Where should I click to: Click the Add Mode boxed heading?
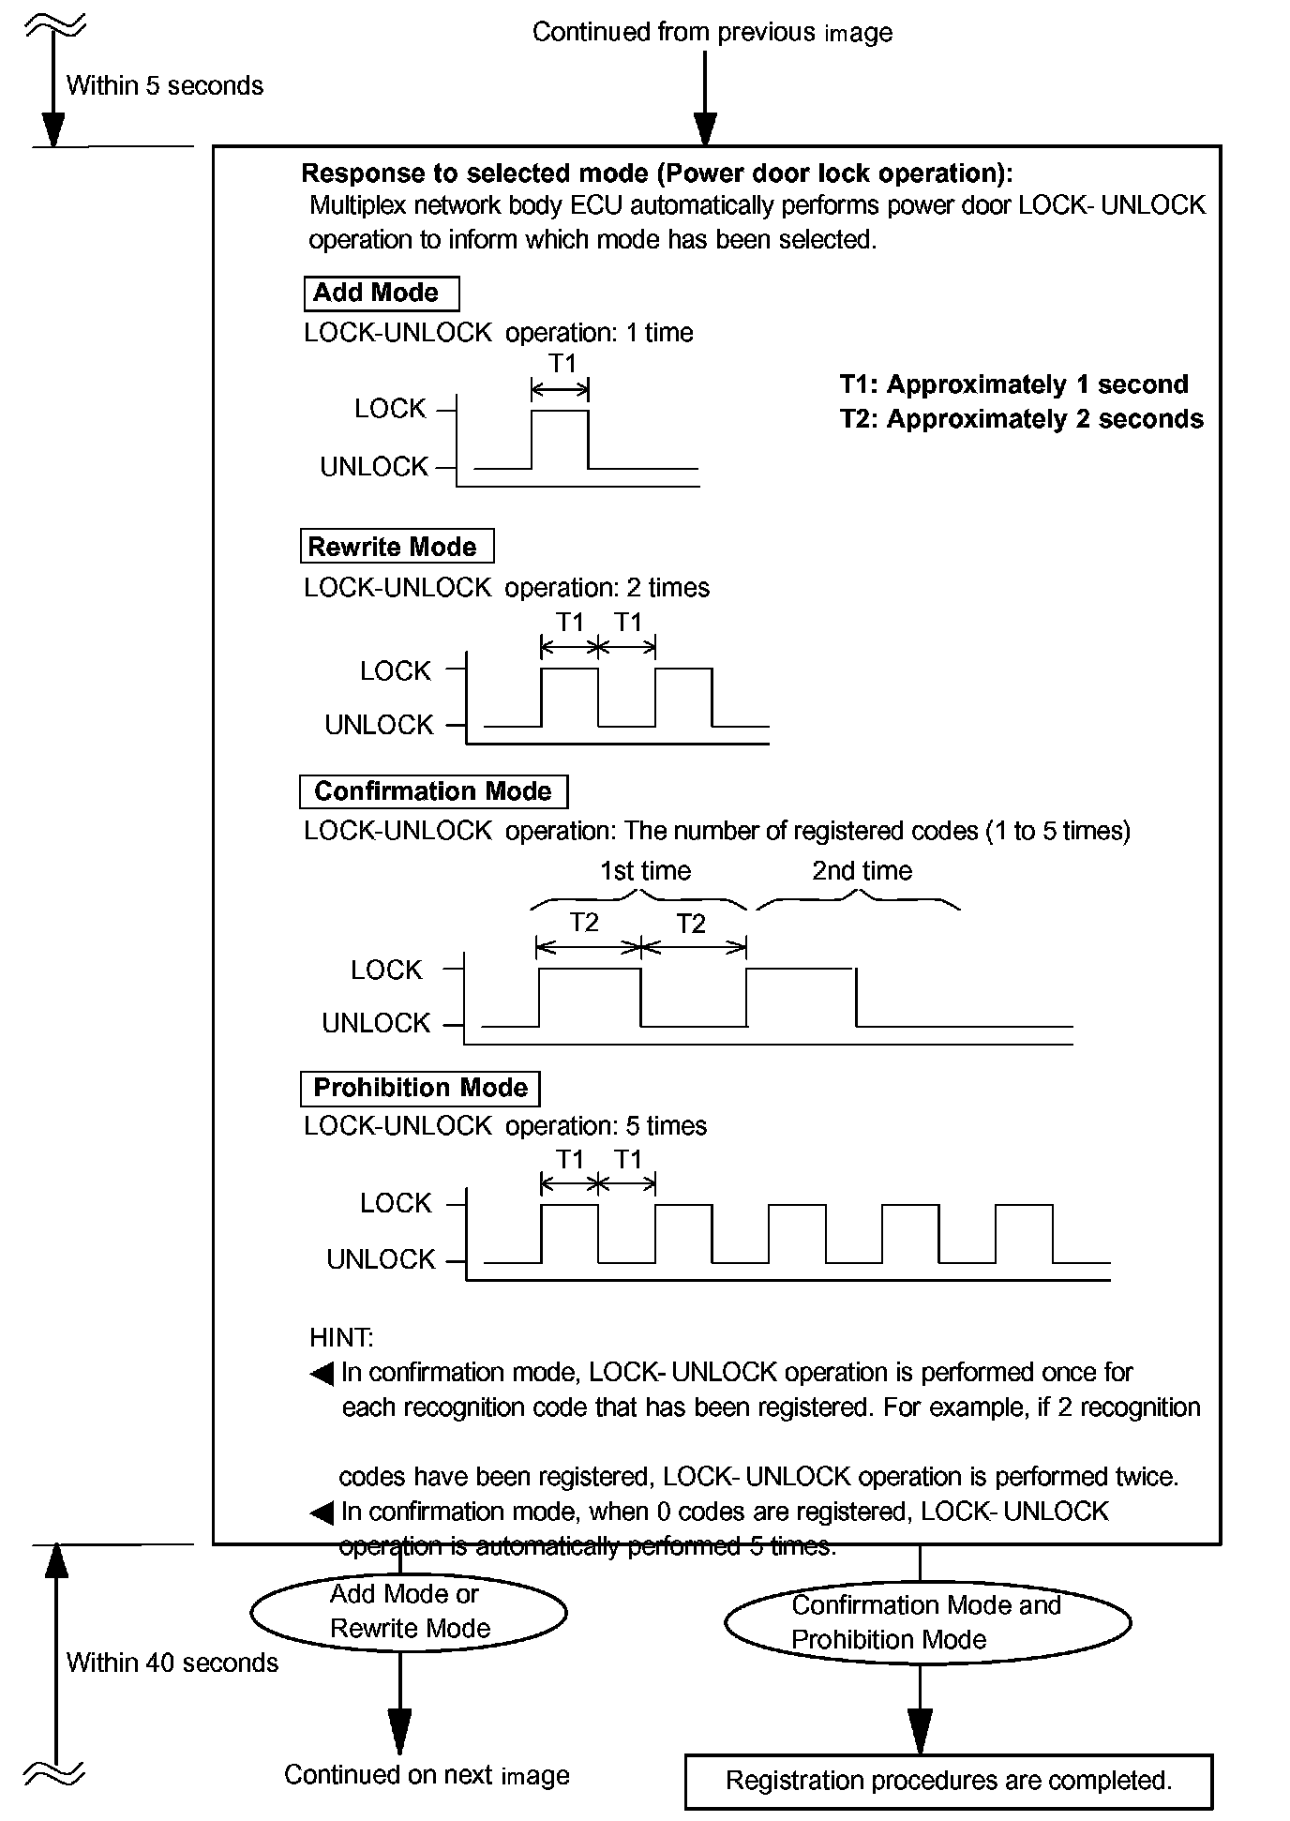(381, 293)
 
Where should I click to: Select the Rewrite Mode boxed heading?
(396, 547)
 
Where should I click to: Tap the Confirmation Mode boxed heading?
(433, 791)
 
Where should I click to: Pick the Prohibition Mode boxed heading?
(420, 1088)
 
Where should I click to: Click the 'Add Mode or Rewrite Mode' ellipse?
(409, 1613)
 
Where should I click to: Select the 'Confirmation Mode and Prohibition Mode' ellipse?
(927, 1623)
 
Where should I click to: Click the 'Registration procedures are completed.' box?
(948, 1781)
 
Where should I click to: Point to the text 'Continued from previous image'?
(712, 33)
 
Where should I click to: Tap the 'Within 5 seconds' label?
(165, 86)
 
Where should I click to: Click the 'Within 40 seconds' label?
(172, 1663)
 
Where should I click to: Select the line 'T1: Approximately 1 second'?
(1013, 384)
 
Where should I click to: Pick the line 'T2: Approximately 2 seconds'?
(1021, 418)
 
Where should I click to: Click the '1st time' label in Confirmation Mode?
(645, 871)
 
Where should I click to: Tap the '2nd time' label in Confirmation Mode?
(862, 871)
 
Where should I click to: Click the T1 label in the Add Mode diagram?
(562, 364)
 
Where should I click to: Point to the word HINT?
(341, 1338)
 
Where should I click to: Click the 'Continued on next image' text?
(427, 1775)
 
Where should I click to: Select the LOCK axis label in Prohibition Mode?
(396, 1203)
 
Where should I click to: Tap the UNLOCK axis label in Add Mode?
(374, 467)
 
